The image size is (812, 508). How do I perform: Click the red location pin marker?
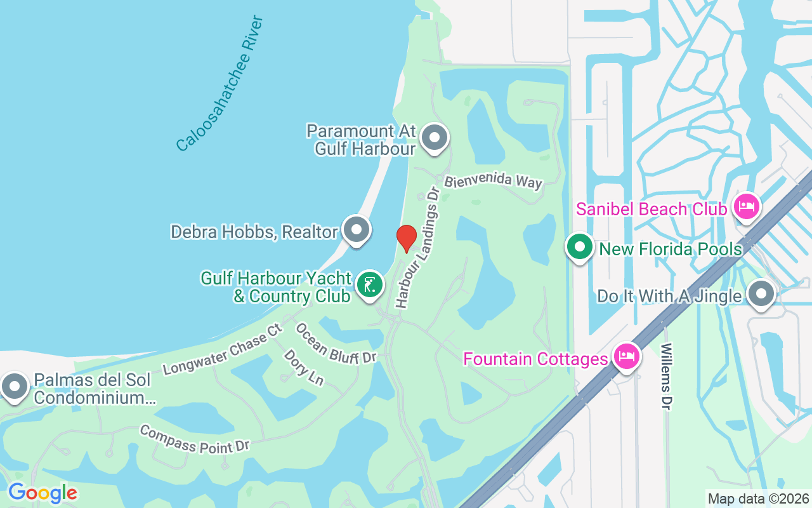(406, 238)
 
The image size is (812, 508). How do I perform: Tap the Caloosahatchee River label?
(219, 83)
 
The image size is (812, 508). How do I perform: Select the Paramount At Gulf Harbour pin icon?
(435, 137)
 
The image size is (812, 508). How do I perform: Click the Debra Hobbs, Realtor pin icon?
(356, 230)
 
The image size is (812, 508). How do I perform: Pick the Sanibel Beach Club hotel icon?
(747, 206)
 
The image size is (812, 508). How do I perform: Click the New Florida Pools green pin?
(579, 248)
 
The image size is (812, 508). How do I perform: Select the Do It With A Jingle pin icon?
(761, 294)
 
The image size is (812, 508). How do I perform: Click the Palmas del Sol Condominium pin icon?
(14, 386)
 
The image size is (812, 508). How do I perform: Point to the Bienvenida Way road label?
(493, 181)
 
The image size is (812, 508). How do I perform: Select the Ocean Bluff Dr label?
(336, 344)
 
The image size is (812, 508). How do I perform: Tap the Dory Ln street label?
(303, 367)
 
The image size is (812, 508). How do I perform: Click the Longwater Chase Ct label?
(222, 349)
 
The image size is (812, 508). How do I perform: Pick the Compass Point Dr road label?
(194, 439)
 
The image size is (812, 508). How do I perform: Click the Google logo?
(43, 493)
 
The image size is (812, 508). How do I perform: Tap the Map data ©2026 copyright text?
(758, 498)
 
